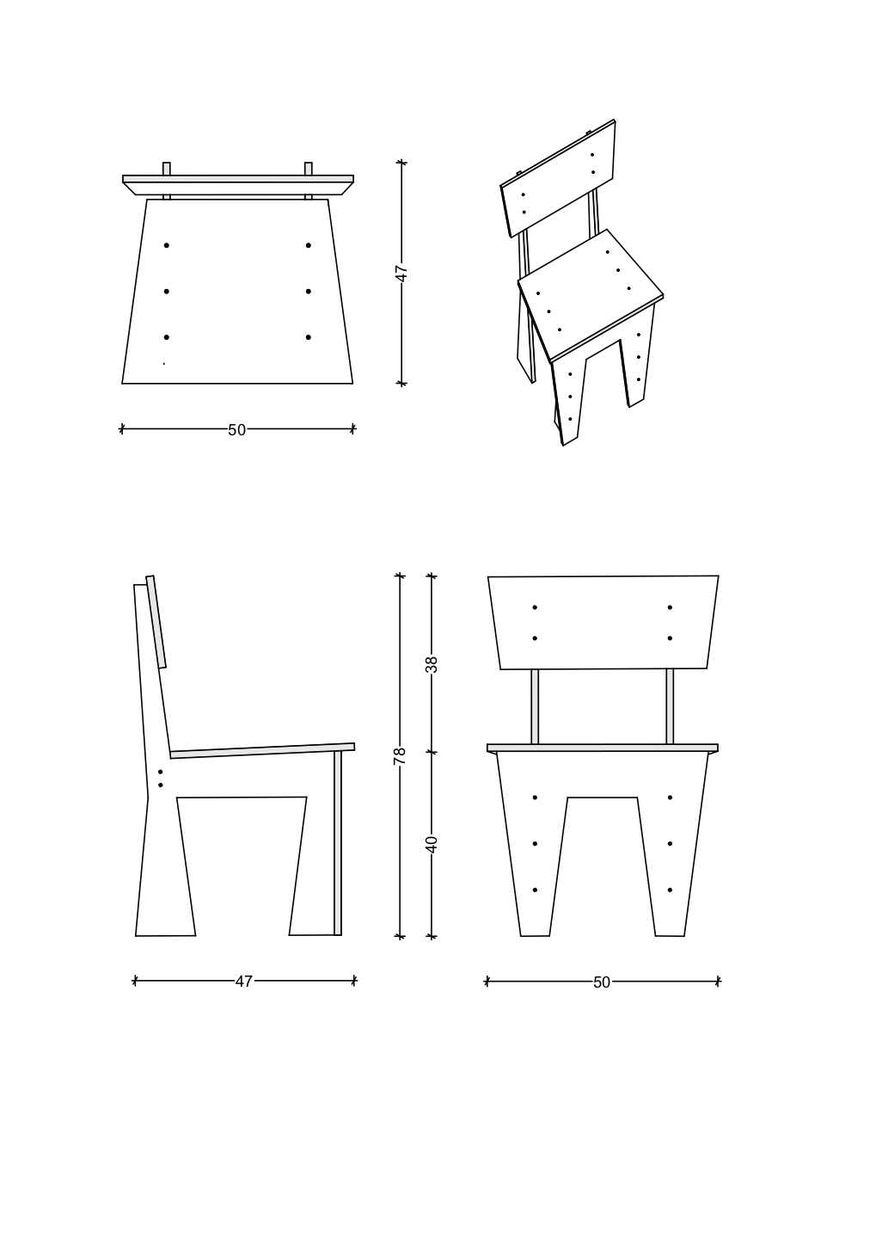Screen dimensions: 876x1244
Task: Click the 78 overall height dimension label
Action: pos(400,756)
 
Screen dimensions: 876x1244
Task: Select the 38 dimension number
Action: pos(432,665)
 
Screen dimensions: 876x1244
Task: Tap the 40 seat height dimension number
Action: pos(432,844)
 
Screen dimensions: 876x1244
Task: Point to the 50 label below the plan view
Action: pos(237,430)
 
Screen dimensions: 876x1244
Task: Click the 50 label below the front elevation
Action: pos(602,982)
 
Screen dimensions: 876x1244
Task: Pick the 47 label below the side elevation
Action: pos(244,982)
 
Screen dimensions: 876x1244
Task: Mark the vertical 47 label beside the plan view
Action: pos(402,274)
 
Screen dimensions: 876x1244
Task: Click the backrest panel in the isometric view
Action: pos(559,178)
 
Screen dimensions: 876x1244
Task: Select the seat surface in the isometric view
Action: pos(591,293)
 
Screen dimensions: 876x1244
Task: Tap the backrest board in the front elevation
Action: pos(603,622)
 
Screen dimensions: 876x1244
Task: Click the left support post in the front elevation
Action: pos(535,706)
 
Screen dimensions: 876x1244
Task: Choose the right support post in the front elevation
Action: pos(670,706)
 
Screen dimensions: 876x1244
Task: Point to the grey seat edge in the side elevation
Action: pos(262,750)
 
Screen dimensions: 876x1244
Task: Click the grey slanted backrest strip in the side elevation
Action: pos(156,622)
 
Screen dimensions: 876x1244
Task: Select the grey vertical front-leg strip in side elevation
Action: pos(338,842)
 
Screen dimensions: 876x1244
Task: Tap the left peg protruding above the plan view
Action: pos(167,169)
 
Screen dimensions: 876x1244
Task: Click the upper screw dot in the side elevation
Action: pos(161,772)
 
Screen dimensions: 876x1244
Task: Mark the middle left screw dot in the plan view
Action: pos(167,291)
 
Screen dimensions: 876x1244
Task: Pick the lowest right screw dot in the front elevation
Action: pos(671,890)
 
